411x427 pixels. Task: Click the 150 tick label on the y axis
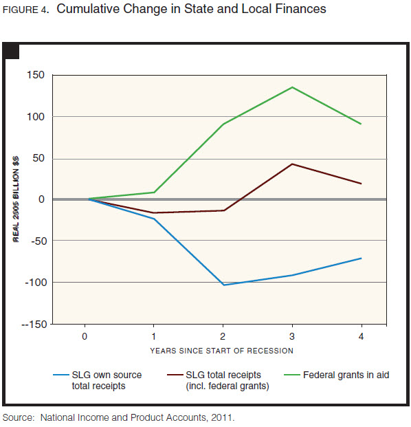[35, 75]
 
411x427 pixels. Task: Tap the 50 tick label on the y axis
[38, 158]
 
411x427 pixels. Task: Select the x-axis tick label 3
[292, 337]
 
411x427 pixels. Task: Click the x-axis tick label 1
[153, 337]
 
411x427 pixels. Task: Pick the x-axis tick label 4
[362, 337]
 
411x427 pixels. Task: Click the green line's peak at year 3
[292, 87]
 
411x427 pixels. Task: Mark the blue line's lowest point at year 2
[223, 285]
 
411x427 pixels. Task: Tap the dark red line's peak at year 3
[292, 164]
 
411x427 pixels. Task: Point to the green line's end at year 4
[362, 124]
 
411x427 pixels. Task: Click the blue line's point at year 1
[153, 219]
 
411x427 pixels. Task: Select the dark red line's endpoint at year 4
[362, 184]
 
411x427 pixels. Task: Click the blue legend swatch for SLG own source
[60, 375]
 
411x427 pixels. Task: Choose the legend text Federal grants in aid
[347, 375]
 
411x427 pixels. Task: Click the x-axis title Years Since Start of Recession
[222, 351]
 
